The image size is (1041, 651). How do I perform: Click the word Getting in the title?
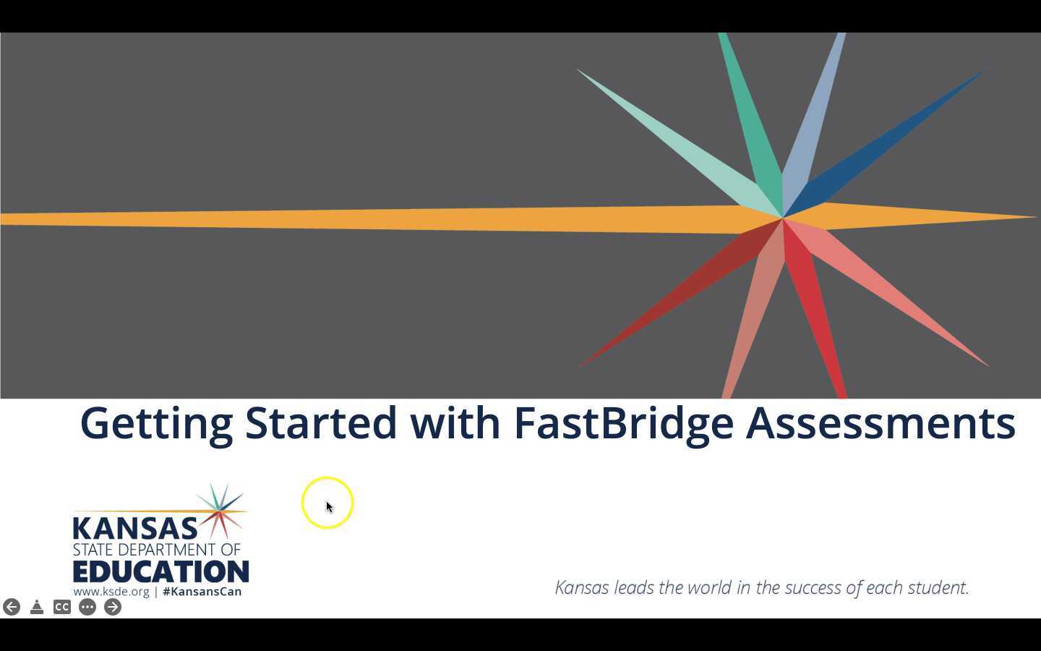(156, 424)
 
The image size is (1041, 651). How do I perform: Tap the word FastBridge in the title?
(623, 422)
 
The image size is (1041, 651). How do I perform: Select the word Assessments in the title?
(880, 422)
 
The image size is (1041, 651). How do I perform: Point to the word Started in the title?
(321, 422)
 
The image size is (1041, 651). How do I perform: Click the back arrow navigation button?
(12, 607)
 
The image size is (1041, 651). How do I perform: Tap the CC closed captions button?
(62, 607)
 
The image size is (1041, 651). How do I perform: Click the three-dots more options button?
(87, 607)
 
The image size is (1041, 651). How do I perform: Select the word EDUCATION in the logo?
(160, 571)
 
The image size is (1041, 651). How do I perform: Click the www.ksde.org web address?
(111, 592)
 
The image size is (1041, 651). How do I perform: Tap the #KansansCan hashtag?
(202, 592)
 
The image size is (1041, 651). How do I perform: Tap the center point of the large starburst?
(783, 218)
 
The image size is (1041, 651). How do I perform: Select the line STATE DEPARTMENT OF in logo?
(156, 550)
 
